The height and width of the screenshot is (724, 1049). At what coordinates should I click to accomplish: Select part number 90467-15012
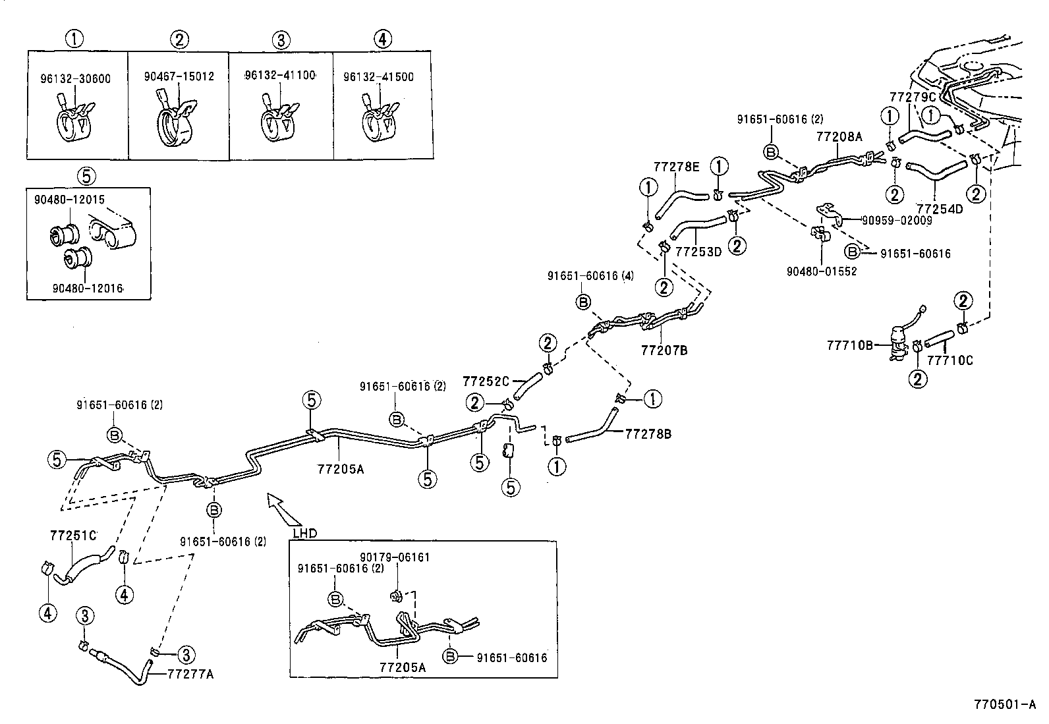[x=179, y=76]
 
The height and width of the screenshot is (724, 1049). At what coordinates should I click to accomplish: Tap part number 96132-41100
[x=279, y=76]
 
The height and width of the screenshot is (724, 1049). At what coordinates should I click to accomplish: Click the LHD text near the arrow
[x=305, y=533]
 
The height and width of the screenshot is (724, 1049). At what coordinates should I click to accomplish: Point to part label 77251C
[x=72, y=535]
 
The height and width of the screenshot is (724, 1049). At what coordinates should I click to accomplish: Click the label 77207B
[x=664, y=350]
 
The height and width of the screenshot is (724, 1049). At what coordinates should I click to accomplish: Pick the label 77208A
[x=839, y=137]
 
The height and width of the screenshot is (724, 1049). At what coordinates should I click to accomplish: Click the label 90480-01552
[x=822, y=271]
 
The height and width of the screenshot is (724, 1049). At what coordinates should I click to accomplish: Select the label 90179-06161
[x=394, y=557]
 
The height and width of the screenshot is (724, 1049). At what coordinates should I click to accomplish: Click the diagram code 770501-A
[x=1005, y=704]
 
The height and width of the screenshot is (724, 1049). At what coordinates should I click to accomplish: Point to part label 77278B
[x=648, y=433]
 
